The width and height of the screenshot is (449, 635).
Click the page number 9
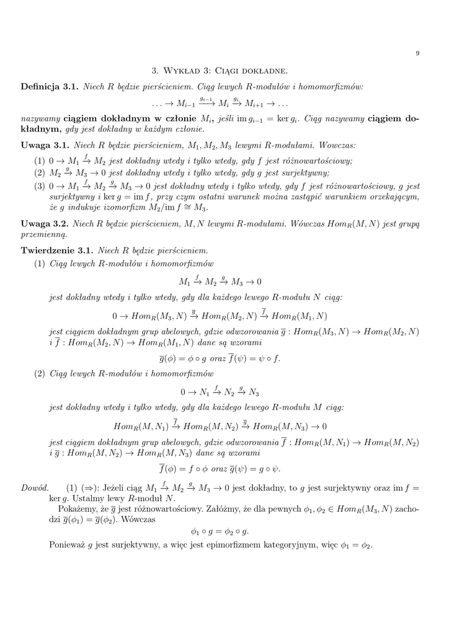pyautogui.click(x=417, y=54)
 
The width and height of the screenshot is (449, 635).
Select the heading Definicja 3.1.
pyautogui.click(x=50, y=87)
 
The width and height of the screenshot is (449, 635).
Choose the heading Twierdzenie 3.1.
pyautogui.click(x=57, y=251)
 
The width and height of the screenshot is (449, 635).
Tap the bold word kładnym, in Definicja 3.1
pyautogui.click(x=41, y=130)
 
